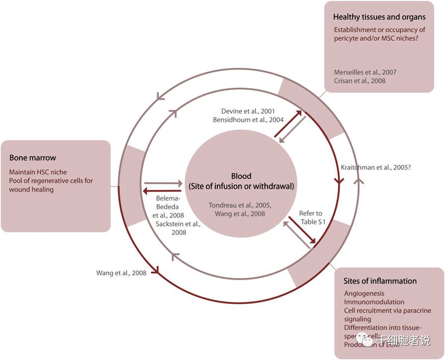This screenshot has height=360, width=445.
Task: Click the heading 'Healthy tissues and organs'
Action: point(379,17)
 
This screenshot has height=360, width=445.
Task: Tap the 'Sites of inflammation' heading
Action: point(380,281)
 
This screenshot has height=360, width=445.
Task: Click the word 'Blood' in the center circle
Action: point(241,176)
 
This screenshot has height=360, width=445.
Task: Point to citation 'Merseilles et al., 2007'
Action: point(365,72)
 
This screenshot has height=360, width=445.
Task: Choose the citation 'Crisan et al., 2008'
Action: point(360,80)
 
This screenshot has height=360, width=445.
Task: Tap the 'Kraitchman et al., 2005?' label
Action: point(376,167)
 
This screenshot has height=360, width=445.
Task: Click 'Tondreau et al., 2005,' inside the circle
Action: point(240,205)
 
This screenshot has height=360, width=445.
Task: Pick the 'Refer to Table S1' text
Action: point(311,217)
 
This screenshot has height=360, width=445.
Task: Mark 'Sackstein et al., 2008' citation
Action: point(178,228)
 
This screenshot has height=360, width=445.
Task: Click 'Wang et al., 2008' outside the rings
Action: point(121,273)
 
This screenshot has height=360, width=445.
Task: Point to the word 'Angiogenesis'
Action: point(364,293)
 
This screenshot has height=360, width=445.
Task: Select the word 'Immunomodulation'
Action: point(374,302)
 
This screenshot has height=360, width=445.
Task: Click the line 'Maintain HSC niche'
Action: point(38,172)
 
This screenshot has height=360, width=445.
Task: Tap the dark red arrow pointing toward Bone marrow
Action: point(162,191)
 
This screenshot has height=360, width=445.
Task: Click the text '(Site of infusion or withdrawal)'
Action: point(241,186)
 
